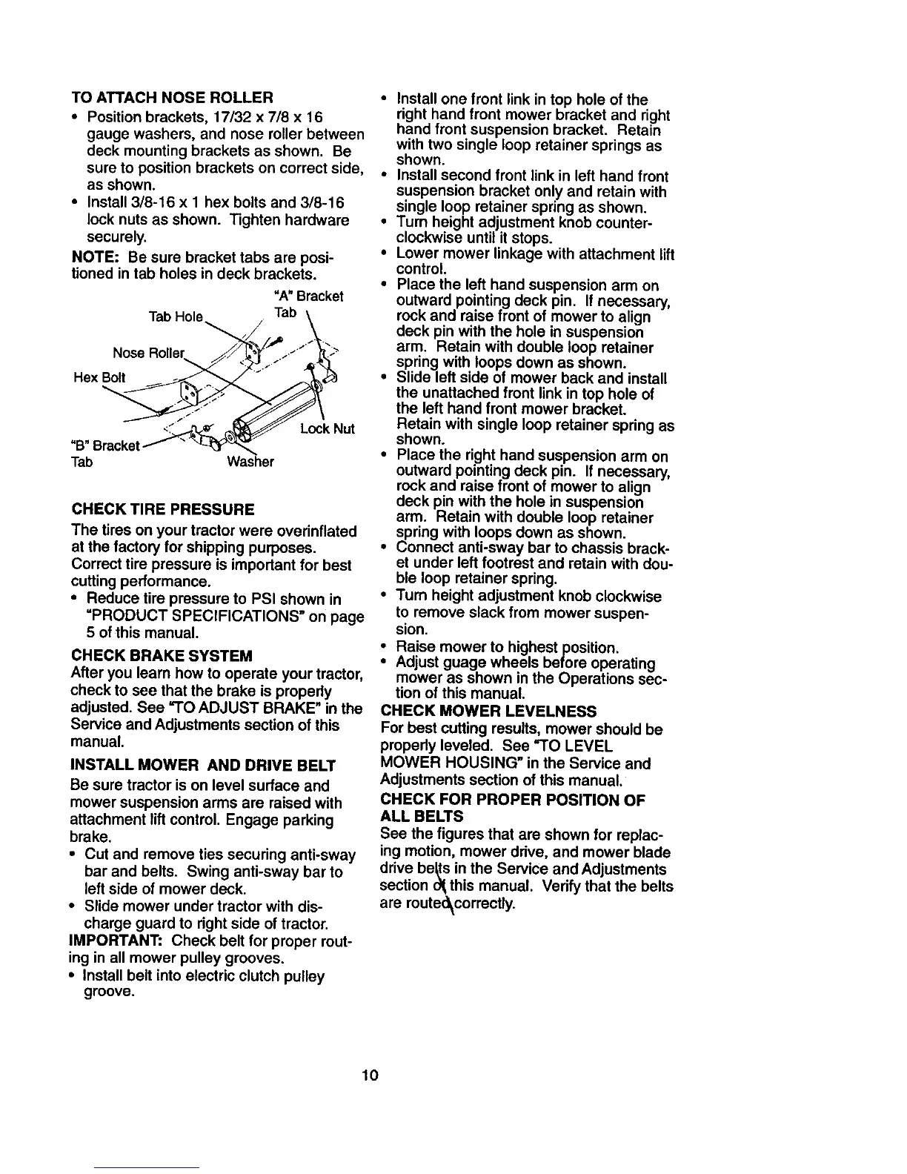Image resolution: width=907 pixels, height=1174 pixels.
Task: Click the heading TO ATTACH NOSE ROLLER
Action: (172, 98)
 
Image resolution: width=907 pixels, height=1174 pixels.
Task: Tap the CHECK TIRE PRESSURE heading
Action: (162, 509)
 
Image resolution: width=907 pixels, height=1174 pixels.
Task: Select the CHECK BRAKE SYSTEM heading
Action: (162, 656)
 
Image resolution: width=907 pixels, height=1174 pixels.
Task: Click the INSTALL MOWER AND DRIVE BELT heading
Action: (203, 765)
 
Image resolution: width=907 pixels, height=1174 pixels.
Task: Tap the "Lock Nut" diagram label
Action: (328, 429)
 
